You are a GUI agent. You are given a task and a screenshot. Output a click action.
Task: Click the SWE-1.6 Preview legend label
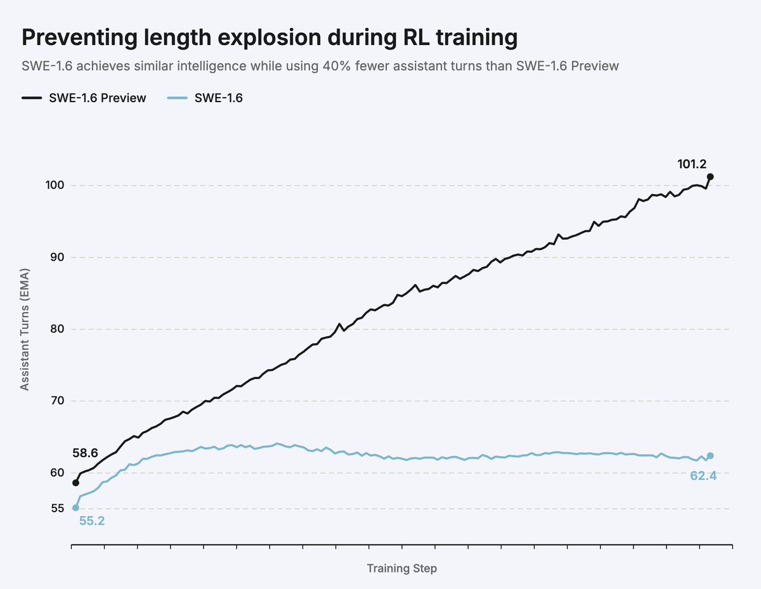pyautogui.click(x=97, y=98)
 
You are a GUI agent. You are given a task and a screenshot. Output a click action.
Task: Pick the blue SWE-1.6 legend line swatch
pyautogui.click(x=177, y=98)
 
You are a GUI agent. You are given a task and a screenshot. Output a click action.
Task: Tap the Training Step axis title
pyautogui.click(x=401, y=568)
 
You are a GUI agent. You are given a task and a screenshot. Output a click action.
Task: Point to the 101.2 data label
pyautogui.click(x=691, y=164)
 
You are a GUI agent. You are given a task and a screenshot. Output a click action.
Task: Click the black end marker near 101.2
pyautogui.click(x=710, y=177)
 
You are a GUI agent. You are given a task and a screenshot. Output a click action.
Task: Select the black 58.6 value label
pyautogui.click(x=85, y=453)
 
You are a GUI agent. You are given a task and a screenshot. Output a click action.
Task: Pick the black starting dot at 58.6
pyautogui.click(x=75, y=482)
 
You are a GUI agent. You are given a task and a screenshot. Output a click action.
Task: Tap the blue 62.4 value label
pyautogui.click(x=703, y=476)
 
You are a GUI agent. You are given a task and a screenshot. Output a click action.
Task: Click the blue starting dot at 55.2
pyautogui.click(x=75, y=507)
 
